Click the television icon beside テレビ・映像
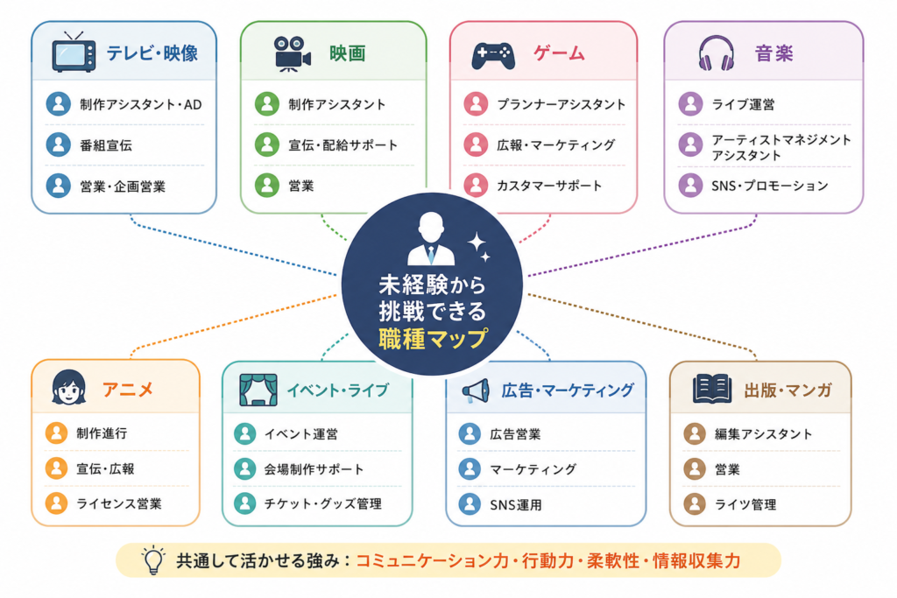click(x=74, y=53)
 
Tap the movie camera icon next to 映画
click(x=292, y=53)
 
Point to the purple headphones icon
click(x=717, y=53)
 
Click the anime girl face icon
click(x=68, y=388)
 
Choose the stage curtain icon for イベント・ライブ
click(x=258, y=390)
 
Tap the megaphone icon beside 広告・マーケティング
click(x=476, y=391)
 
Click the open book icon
click(x=711, y=390)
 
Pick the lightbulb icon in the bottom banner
click(x=153, y=560)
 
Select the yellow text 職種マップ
click(x=433, y=339)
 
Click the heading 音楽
click(x=773, y=53)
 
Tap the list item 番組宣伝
click(x=106, y=145)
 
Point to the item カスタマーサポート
click(x=549, y=186)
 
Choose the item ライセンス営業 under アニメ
click(x=119, y=503)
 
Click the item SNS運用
click(x=515, y=505)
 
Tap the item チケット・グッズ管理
click(x=322, y=503)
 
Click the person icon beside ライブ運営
click(x=690, y=104)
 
